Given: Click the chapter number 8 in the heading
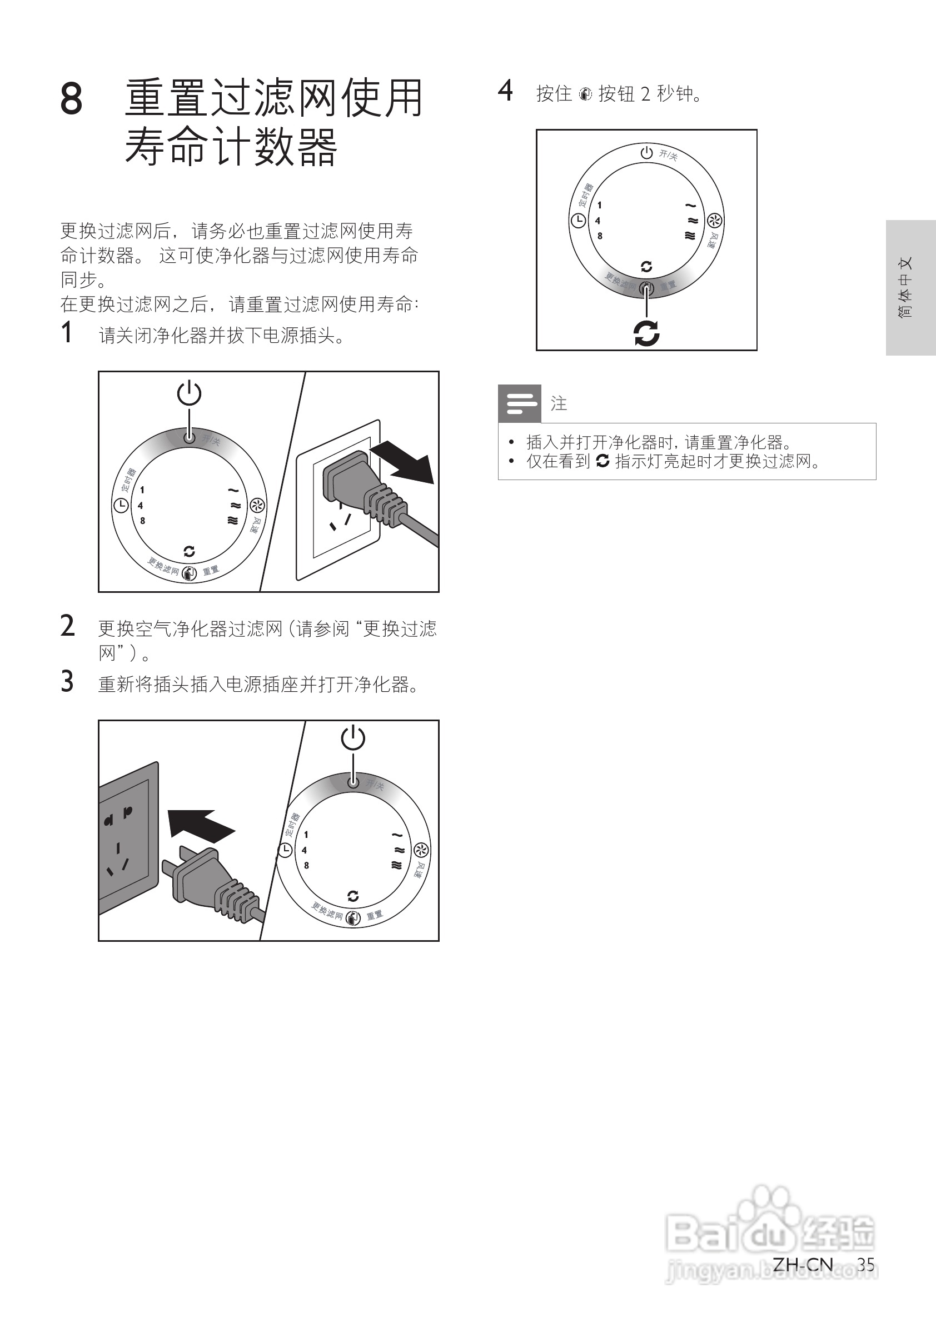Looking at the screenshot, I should coord(72,98).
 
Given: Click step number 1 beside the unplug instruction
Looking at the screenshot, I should coord(67,333).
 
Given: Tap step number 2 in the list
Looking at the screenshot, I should coord(67,626).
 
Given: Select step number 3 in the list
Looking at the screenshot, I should coord(67,682).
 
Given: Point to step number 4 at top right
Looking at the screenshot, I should coord(505,91).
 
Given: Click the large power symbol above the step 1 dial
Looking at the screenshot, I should coord(189,393).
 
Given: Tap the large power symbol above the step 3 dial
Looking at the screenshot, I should coord(353,738).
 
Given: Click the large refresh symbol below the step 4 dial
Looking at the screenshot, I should coord(646,333).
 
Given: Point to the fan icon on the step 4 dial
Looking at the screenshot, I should coord(715,220).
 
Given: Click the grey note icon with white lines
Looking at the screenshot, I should coord(519,403).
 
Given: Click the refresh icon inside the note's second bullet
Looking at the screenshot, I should coord(603,461).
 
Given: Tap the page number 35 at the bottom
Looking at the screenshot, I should coord(865,1265).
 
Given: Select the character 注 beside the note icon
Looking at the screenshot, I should coord(559,403).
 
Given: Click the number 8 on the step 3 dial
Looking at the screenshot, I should coord(307,865).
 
